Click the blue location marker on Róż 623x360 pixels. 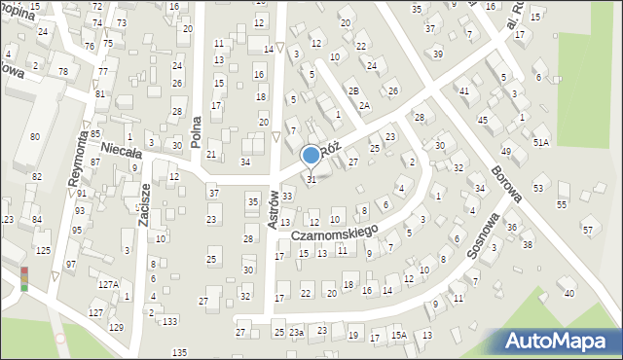(x=311, y=155)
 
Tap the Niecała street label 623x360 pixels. (x=122, y=153)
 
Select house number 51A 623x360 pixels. (x=540, y=142)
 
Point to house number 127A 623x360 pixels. (x=107, y=285)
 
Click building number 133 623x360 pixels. (x=170, y=321)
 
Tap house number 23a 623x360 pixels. (x=296, y=333)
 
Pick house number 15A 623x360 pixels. (x=398, y=336)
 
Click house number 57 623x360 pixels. (x=588, y=230)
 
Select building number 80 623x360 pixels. (x=35, y=137)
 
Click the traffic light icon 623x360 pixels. (x=24, y=278)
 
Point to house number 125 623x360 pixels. (x=43, y=251)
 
